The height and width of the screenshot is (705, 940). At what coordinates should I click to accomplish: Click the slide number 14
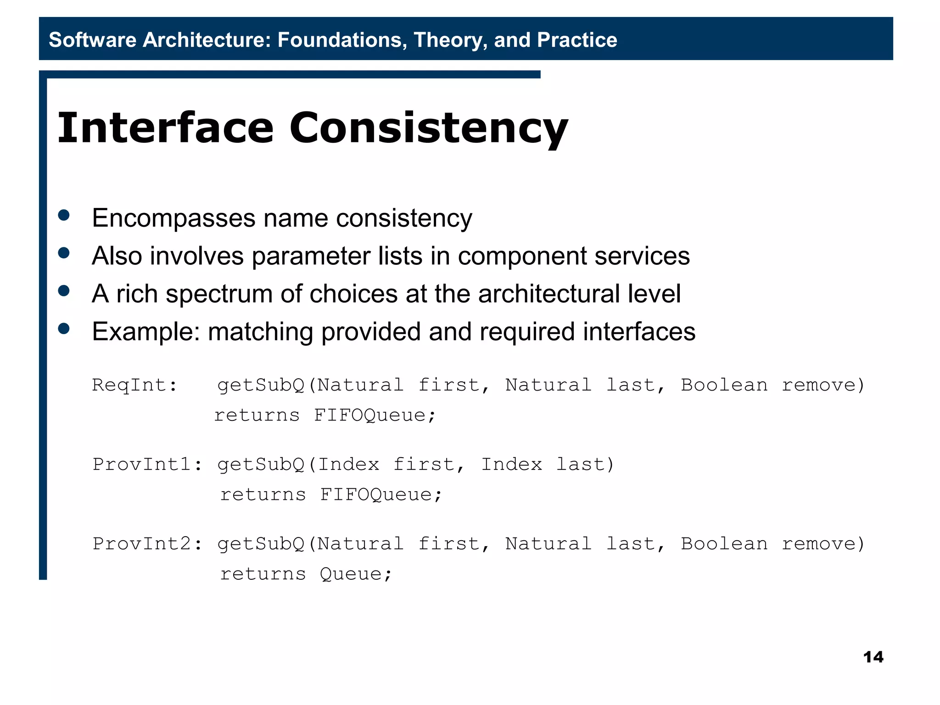(873, 657)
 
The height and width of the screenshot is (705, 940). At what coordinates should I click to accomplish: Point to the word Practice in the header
(577, 40)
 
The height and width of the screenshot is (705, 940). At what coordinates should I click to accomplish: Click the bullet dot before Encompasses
(64, 215)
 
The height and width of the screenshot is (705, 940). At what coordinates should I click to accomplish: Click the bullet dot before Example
(64, 329)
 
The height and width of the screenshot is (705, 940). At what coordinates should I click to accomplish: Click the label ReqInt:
(134, 385)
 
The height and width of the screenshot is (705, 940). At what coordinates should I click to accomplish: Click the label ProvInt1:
(147, 464)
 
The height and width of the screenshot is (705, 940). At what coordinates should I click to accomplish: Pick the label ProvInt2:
(147, 543)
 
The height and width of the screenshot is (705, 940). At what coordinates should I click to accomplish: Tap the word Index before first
(349, 464)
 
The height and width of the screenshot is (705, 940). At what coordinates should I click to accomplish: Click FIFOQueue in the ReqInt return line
(374, 415)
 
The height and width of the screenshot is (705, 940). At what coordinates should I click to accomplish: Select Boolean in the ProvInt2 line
(724, 543)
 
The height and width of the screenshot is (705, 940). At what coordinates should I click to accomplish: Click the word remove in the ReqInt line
(818, 385)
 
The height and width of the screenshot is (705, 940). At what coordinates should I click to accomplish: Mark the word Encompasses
(173, 218)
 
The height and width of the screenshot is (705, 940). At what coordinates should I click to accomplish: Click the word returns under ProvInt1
(263, 494)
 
